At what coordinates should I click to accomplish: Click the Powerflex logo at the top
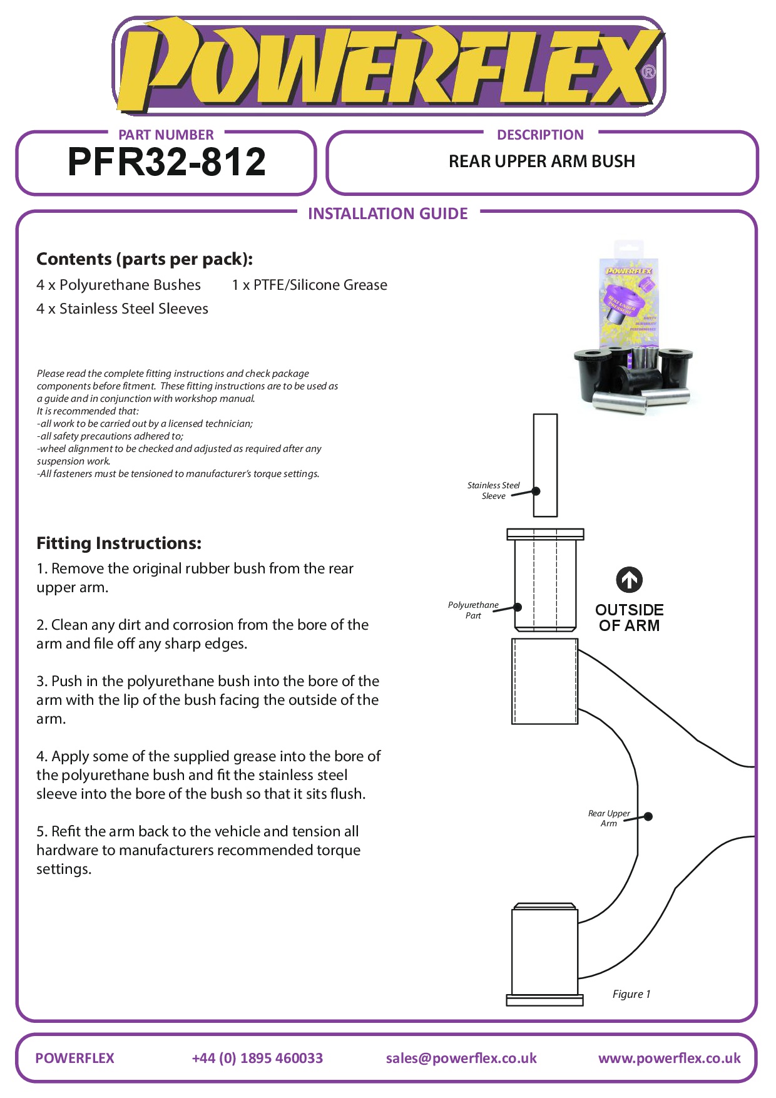[x=388, y=66]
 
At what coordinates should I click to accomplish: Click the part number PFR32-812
[x=166, y=162]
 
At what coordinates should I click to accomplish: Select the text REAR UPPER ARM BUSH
[x=541, y=162]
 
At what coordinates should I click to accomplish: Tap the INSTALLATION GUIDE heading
[x=387, y=214]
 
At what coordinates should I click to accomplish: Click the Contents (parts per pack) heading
[x=145, y=259]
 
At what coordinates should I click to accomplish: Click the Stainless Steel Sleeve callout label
[x=493, y=490]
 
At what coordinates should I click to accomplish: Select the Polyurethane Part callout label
[x=473, y=610]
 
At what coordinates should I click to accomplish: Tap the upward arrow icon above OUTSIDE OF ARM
[x=629, y=580]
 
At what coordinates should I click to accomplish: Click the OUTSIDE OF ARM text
[x=629, y=617]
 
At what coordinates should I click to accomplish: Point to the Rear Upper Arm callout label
[x=609, y=818]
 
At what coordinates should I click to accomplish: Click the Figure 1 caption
[x=631, y=994]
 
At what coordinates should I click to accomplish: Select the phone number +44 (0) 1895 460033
[x=257, y=1058]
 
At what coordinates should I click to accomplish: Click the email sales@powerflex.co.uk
[x=461, y=1058]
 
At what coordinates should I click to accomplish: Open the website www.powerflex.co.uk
[x=669, y=1058]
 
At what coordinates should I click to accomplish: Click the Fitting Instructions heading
[x=119, y=543]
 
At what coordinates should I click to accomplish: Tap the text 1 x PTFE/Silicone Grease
[x=309, y=285]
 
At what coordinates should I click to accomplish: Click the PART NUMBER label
[x=166, y=135]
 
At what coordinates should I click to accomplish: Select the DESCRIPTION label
[x=540, y=135]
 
